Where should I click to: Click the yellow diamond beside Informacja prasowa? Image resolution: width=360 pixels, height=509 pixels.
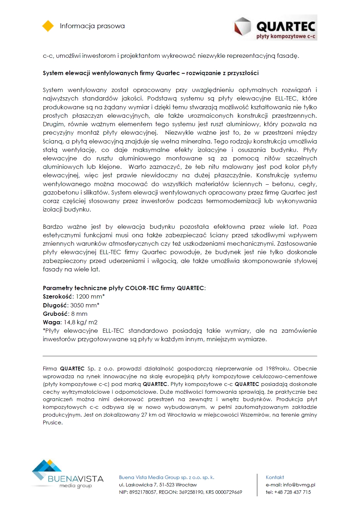tap(48, 26)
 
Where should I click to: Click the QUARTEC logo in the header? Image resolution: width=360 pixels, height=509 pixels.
tap(275, 27)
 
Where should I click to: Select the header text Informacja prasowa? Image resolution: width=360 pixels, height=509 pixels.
tap(92, 26)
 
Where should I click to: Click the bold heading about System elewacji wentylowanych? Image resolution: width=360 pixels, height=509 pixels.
tap(151, 73)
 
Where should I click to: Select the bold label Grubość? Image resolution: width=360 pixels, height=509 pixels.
tap(55, 314)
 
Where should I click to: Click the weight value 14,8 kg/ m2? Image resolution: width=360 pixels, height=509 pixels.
tap(81, 322)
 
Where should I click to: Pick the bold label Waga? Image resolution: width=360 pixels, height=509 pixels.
tap(52, 322)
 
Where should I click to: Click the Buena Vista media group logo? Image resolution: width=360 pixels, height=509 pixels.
tap(67, 474)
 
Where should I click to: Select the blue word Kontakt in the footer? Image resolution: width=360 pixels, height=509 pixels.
tap(275, 477)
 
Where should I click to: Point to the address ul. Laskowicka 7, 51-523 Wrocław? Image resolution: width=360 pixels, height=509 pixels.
tap(158, 485)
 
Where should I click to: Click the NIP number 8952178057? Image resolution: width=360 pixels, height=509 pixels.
tap(143, 492)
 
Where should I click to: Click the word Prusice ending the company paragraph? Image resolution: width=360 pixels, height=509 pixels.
tap(52, 423)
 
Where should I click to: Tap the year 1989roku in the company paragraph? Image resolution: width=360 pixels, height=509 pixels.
tap(278, 369)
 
